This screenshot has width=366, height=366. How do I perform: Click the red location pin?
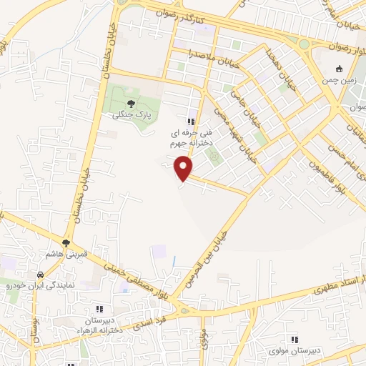click(x=184, y=167)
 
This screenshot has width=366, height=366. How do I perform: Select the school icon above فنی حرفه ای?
click(x=190, y=122)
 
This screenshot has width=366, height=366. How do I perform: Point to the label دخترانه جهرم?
click(x=188, y=144)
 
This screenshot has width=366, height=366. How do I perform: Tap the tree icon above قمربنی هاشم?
click(x=66, y=243)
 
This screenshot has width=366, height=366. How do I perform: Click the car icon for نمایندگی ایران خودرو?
click(x=40, y=274)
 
